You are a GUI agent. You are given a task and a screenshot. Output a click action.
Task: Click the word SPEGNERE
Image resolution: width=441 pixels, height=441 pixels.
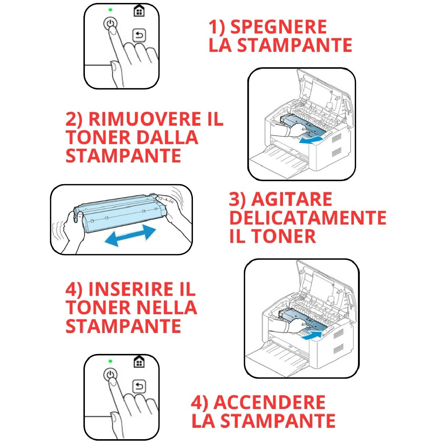(278, 27)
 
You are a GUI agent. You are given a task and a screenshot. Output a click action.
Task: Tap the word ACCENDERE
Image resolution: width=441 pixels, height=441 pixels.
(269, 402)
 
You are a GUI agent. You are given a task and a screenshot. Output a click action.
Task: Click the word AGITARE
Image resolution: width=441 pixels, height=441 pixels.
(292, 200)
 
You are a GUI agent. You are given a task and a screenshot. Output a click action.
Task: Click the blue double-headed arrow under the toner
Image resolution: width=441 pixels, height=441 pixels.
(130, 236)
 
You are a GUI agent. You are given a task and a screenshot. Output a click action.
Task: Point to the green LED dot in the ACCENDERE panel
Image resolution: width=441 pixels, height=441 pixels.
(110, 361)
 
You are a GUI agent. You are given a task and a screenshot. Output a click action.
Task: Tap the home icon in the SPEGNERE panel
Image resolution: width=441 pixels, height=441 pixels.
(139, 11)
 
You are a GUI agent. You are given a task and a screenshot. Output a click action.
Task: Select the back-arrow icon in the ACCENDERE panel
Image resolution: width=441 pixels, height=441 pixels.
(139, 386)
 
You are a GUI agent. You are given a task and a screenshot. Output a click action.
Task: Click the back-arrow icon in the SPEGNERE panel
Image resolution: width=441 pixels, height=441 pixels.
(139, 36)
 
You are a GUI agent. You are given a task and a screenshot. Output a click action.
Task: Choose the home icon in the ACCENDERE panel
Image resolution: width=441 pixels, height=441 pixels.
(139, 362)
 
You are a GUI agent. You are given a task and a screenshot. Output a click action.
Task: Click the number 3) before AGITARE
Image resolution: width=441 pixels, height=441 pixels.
(237, 200)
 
